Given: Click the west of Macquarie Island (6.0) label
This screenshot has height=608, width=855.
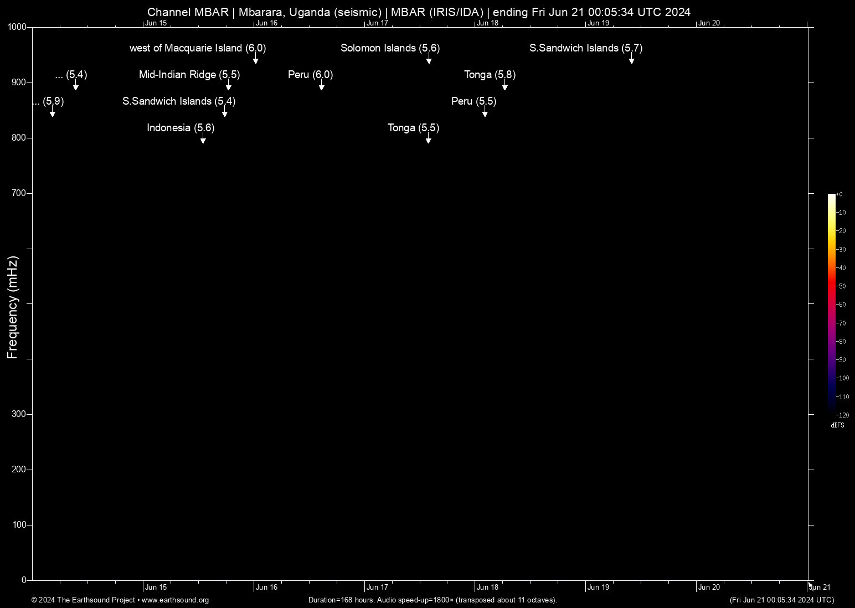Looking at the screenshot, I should [198, 48].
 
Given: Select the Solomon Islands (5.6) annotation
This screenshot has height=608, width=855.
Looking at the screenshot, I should [390, 48].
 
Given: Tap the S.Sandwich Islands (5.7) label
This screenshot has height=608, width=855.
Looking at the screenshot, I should [586, 48].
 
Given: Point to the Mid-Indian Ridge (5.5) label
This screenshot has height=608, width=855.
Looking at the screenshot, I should [189, 75].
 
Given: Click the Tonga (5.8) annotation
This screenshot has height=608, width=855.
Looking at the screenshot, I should [490, 75].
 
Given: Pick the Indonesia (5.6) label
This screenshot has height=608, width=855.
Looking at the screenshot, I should [181, 128].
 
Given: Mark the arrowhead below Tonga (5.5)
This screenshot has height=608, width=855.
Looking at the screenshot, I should [429, 141].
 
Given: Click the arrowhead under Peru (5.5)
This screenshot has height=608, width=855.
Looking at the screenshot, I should [485, 115].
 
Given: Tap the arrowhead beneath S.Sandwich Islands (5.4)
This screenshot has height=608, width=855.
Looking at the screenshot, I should [225, 115].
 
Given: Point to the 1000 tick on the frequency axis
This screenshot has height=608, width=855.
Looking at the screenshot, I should [17, 27].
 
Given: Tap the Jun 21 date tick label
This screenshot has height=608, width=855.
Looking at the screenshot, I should [820, 588].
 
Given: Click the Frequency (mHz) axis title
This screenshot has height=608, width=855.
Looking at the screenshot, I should [13, 307].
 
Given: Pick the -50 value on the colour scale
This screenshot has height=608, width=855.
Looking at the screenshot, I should [841, 286].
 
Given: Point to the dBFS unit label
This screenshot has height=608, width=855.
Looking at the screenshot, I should [837, 426].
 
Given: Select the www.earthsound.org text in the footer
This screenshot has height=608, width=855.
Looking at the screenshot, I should [175, 600].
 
